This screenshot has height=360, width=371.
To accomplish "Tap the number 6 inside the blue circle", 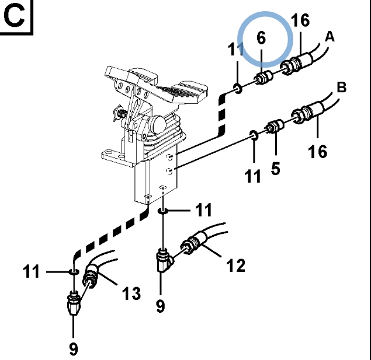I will coord(261,39).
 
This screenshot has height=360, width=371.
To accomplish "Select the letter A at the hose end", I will coord(330,37).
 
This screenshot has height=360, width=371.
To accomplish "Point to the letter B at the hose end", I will coord(342,88).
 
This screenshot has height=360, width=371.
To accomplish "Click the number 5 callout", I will coord(275,169).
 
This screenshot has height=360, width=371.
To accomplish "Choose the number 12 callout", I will coord(235,265).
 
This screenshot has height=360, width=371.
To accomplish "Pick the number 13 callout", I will coord(132,293).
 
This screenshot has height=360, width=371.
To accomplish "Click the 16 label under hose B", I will coord(318,151).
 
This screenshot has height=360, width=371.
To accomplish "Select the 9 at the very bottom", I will coord(73,348).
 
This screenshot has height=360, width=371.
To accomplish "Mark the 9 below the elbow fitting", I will coord(160,305).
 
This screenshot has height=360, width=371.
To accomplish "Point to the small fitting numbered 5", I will coord(274,126).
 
